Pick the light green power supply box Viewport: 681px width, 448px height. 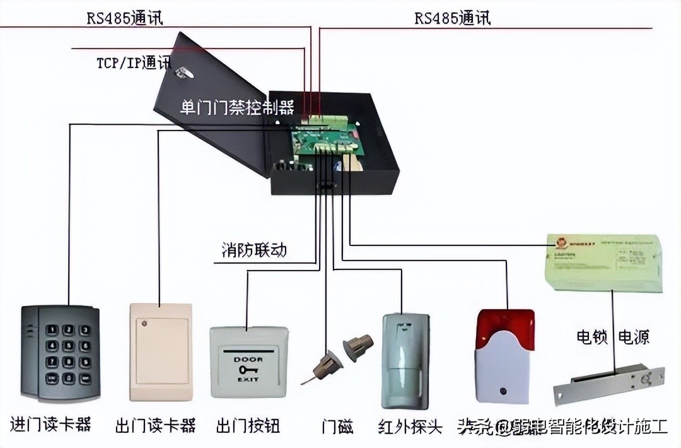[x=604, y=262]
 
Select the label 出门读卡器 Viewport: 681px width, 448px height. [x=156, y=425]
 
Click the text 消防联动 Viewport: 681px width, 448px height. [x=253, y=250]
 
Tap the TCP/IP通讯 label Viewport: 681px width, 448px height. [x=133, y=63]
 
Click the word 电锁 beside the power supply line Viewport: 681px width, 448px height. [x=591, y=337]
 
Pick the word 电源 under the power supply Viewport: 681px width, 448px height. [x=634, y=337]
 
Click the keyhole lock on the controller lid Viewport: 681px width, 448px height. [x=182, y=74]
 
